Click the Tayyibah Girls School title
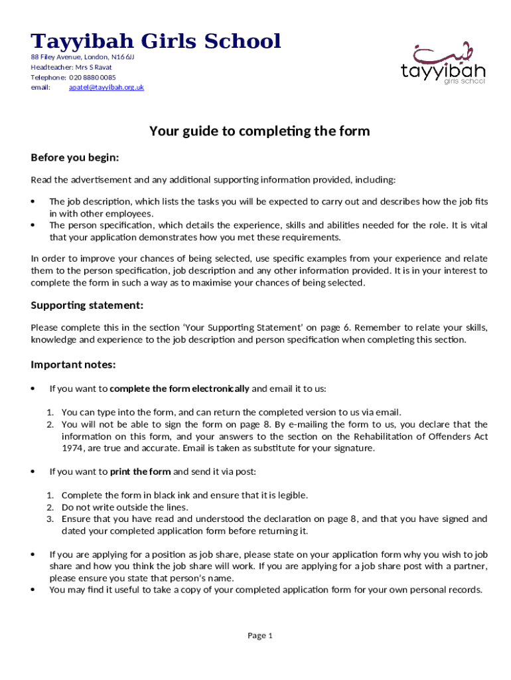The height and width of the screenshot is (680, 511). (x=157, y=41)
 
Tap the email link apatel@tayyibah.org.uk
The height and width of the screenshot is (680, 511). (x=107, y=87)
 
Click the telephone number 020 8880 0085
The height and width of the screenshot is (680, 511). (x=97, y=77)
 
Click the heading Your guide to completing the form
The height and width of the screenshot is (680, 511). (x=259, y=131)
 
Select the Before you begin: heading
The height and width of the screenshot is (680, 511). (x=75, y=157)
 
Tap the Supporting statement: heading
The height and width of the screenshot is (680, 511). (x=87, y=305)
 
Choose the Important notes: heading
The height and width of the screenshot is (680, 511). (x=74, y=365)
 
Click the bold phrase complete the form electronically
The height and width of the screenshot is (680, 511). (x=179, y=388)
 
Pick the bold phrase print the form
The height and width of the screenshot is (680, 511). (x=140, y=471)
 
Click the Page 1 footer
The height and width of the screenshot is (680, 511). (x=260, y=636)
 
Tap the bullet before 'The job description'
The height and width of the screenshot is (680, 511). (x=33, y=202)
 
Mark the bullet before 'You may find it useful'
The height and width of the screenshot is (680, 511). (x=33, y=590)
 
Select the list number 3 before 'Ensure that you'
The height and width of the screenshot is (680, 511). (x=50, y=519)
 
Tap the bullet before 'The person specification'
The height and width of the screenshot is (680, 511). (x=33, y=226)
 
